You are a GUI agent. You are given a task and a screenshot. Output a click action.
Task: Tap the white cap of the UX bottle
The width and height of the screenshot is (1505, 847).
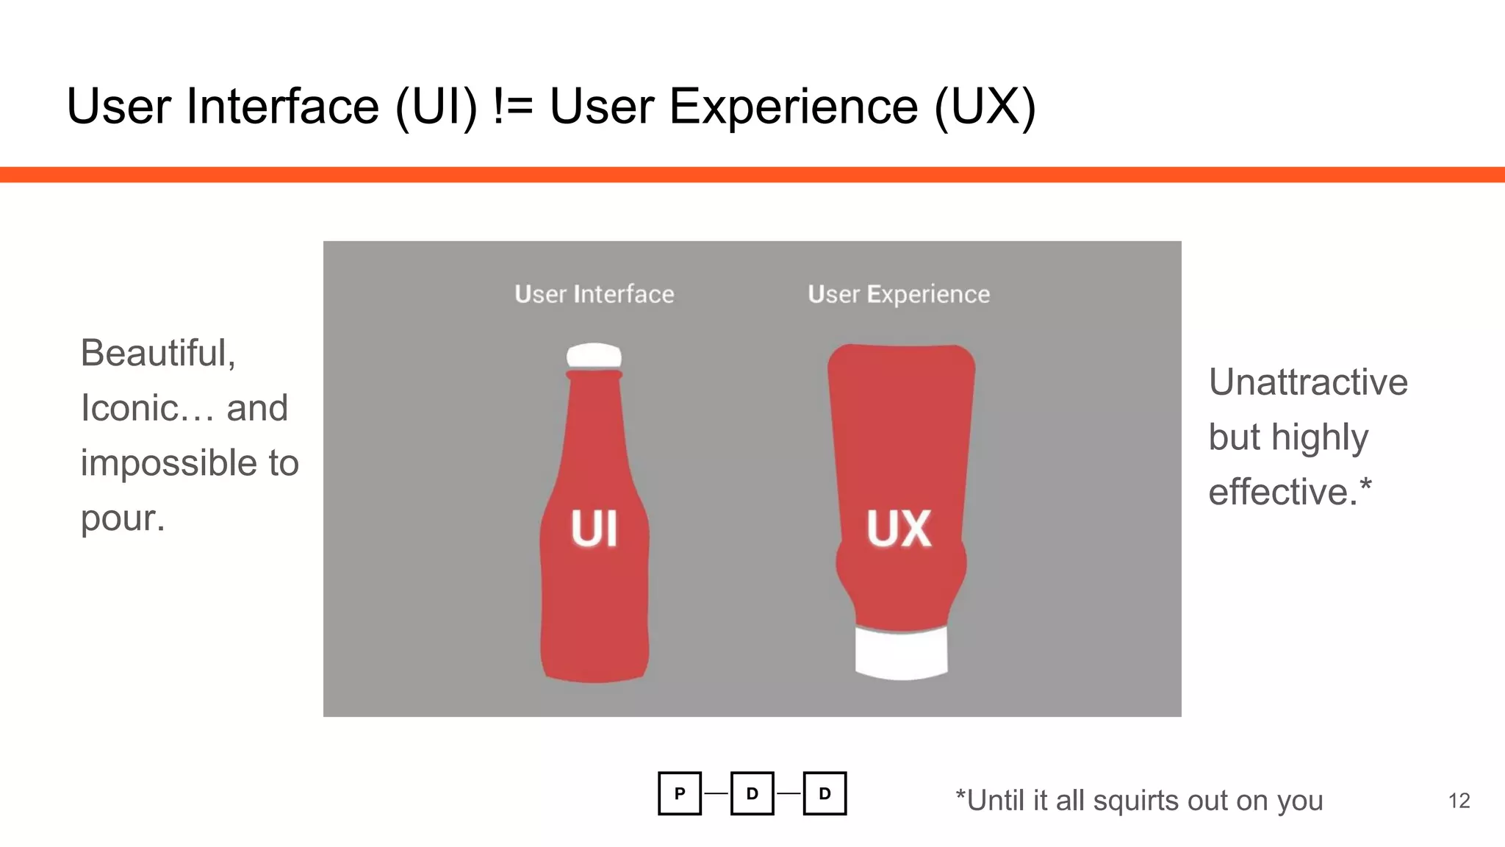[901, 652]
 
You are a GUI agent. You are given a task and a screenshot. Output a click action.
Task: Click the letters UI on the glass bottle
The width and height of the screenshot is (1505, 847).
[595, 529]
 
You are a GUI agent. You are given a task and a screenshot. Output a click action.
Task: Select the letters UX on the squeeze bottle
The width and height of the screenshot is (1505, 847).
[899, 529]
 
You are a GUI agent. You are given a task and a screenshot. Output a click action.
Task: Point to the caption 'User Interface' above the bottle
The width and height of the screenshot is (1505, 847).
[594, 294]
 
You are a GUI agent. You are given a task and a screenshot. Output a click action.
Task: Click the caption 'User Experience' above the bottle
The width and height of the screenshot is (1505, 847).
[898, 294]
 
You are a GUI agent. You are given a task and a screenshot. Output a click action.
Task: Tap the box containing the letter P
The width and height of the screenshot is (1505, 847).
[680, 793]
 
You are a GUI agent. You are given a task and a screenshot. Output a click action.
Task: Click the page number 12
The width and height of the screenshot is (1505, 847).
[1459, 801]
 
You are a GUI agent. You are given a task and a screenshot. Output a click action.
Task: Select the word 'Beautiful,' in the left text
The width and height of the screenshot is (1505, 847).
[158, 353]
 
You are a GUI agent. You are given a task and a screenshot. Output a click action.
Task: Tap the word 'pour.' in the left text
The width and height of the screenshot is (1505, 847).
[123, 519]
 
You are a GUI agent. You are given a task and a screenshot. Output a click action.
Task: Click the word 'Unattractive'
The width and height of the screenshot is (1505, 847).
[1308, 382]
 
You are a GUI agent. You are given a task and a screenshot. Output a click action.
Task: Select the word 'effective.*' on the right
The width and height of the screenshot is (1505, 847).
[1290, 491]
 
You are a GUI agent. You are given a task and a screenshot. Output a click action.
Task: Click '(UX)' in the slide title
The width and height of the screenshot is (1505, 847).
[985, 107]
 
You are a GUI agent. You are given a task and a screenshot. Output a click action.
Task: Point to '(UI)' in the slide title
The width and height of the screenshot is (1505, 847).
[437, 107]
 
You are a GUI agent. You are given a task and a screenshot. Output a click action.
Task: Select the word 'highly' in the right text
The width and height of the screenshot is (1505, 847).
[1320, 438]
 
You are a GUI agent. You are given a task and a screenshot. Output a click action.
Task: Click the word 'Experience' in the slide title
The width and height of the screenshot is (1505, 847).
[794, 107]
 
